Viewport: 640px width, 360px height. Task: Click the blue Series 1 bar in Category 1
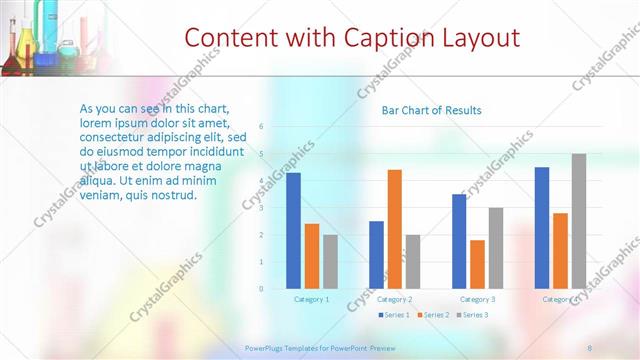(293, 231)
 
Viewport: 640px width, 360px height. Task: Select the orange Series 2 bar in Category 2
(395, 229)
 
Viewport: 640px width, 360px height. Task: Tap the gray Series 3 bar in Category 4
(579, 221)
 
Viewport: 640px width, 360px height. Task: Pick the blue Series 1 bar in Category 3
(459, 241)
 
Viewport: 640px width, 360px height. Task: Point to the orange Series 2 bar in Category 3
(477, 264)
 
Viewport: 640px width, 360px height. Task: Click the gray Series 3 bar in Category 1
(330, 262)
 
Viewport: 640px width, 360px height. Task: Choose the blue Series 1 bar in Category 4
(542, 228)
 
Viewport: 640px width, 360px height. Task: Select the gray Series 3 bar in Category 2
(413, 262)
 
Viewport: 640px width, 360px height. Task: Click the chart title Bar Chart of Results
(432, 110)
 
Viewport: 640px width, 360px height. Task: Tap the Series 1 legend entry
(395, 315)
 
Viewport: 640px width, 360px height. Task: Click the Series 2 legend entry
(431, 315)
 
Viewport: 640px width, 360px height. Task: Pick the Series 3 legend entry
(472, 315)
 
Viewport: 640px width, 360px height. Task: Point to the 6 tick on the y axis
(261, 127)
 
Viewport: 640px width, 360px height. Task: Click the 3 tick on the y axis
(261, 208)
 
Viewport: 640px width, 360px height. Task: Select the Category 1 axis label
(312, 299)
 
